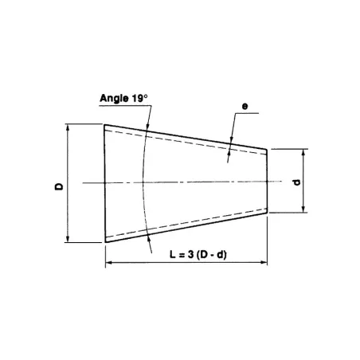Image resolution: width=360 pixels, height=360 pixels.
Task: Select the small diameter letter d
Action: point(295,182)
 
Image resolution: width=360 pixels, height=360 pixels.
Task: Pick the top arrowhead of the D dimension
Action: point(68,127)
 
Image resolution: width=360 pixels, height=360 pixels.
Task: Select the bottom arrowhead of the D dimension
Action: point(68,240)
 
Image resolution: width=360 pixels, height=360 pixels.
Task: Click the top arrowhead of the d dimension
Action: point(303,151)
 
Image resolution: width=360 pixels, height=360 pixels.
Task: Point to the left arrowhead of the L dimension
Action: point(109,264)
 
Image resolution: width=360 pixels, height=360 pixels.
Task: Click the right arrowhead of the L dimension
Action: point(264,264)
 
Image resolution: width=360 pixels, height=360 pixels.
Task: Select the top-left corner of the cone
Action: point(105,124)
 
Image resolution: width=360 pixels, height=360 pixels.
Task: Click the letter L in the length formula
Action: point(174,254)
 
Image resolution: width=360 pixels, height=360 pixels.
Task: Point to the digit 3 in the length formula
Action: point(194,254)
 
